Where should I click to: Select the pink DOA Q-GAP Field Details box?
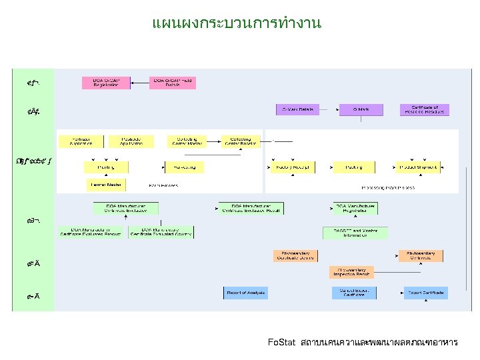pyautogui.click(x=173, y=83)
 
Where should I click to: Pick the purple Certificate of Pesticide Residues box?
pyautogui.click(x=425, y=109)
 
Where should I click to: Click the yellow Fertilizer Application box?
pyautogui.click(x=81, y=141)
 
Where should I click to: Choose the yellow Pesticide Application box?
pyautogui.click(x=132, y=141)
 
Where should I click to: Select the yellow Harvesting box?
pyautogui.click(x=185, y=167)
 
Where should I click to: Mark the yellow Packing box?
pyautogui.click(x=353, y=167)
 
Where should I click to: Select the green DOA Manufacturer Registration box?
pyautogui.click(x=356, y=209)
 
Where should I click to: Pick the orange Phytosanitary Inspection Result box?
pyautogui.click(x=351, y=272)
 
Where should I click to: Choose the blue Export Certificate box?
pyautogui.click(x=425, y=293)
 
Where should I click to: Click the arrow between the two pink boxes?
pyautogui.click(x=141, y=83)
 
